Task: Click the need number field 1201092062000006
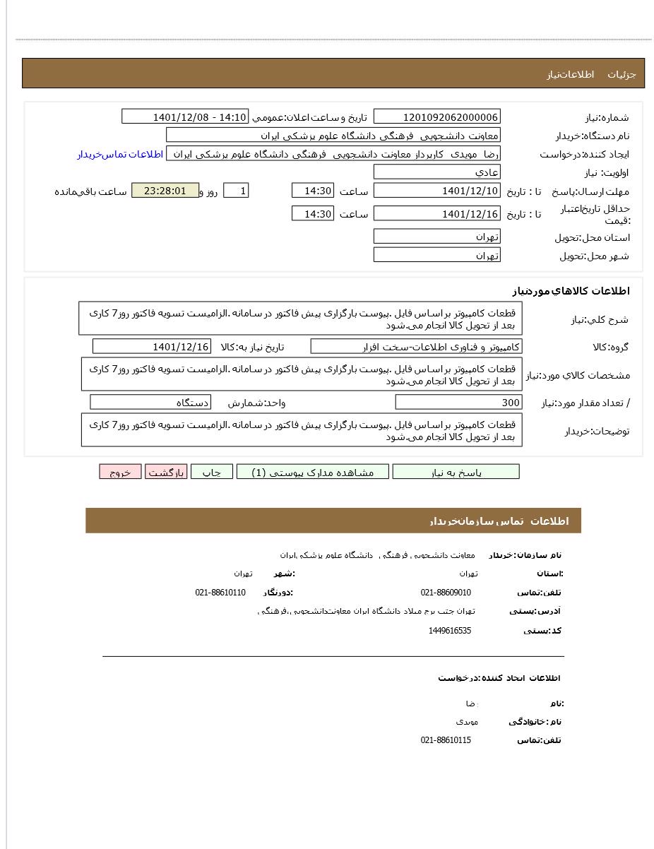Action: pos(436,117)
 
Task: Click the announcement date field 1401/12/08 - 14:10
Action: pos(185,117)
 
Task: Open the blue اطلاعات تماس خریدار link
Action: pos(120,154)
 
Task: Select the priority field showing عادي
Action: pos(436,172)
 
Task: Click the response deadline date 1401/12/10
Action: pos(436,191)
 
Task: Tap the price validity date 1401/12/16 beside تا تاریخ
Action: pos(436,213)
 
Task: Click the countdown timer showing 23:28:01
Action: pos(165,191)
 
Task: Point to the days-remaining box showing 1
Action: pos(236,191)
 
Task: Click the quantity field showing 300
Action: pos(458,403)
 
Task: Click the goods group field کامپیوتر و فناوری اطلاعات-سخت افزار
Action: pos(416,347)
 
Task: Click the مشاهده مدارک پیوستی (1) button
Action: pos(312,472)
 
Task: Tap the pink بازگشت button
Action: pos(166,472)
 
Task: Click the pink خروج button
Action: pos(120,472)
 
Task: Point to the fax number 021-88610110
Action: pos(220,593)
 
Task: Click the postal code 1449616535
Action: pos(449,631)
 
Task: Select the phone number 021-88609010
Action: pos(446,593)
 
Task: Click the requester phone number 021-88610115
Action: pos(446,740)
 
